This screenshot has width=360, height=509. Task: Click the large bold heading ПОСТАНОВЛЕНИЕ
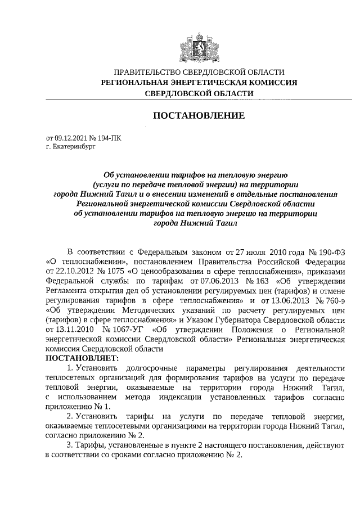coord(199,116)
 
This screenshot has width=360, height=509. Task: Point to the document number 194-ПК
coord(106,137)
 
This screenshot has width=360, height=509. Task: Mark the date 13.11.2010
coord(66,328)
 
